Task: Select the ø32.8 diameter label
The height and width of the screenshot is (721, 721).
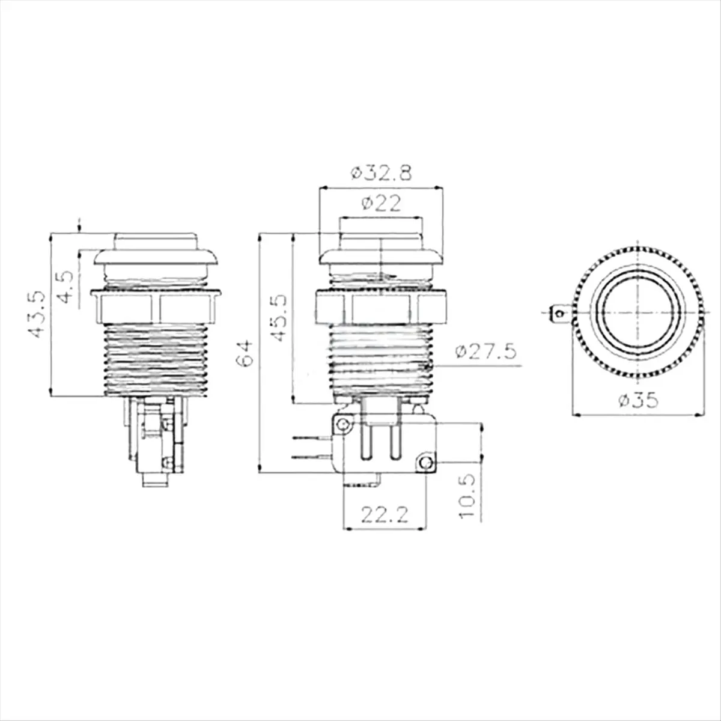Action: [382, 173]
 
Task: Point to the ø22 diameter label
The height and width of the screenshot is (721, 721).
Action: [382, 204]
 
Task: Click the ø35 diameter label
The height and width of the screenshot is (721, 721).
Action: [638, 401]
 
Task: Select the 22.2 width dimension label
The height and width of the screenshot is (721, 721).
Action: [385, 515]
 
